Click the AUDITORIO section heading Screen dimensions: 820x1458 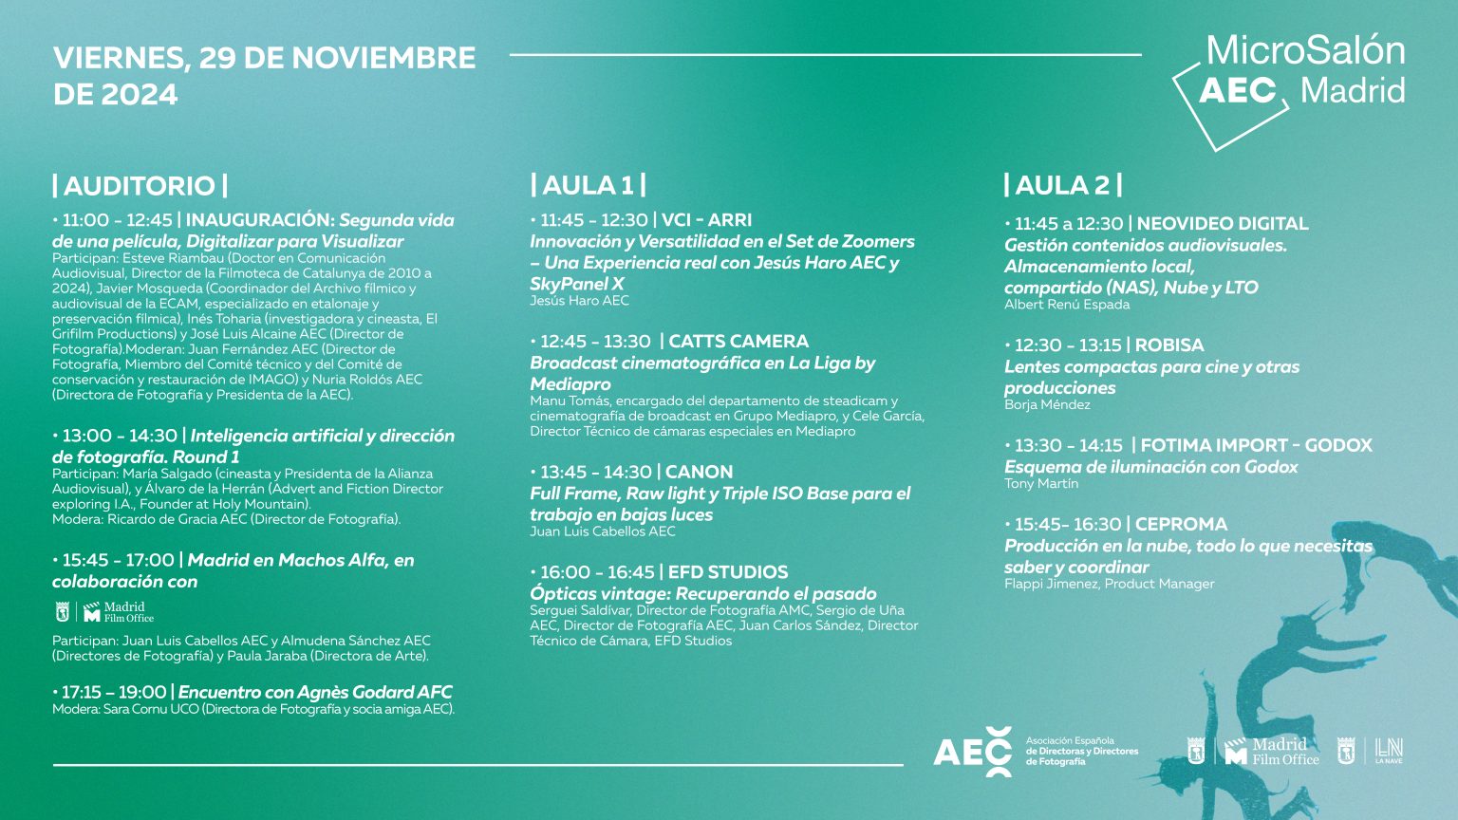pyautogui.click(x=140, y=185)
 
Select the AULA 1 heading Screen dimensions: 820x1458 pyautogui.click(x=589, y=185)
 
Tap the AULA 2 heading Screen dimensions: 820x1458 pyautogui.click(x=1063, y=185)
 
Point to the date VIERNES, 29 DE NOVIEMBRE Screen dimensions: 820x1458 pyautogui.click(x=264, y=58)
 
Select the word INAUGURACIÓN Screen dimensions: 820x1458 pyautogui.click(x=257, y=220)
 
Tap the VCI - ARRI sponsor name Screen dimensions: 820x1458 pyautogui.click(x=706, y=220)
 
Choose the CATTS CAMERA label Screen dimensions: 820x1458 pyautogui.click(x=738, y=342)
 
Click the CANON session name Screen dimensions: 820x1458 pyautogui.click(x=699, y=472)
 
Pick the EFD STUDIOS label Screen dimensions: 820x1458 pyautogui.click(x=728, y=572)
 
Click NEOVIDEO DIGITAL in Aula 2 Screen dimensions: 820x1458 pyautogui.click(x=1223, y=224)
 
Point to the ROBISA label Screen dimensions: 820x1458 pyautogui.click(x=1169, y=345)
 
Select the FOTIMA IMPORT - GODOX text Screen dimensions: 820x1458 pyautogui.click(x=1256, y=445)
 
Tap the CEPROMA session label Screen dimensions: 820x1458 pyautogui.click(x=1181, y=525)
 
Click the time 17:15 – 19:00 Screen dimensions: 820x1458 pyautogui.click(x=114, y=693)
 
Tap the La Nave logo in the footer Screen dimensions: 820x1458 pyautogui.click(x=1389, y=751)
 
